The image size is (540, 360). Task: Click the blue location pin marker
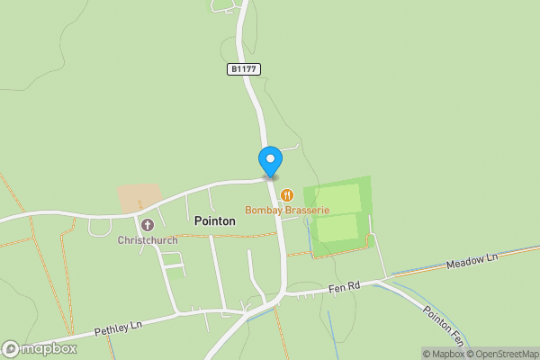click(270, 161)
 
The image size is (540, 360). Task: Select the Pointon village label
click(215, 220)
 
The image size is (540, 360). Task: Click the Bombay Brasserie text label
click(287, 211)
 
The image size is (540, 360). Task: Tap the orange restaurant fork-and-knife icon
click(286, 194)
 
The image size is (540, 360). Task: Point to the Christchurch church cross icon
click(147, 224)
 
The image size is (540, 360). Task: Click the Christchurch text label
click(147, 240)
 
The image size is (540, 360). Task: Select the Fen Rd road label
click(342, 286)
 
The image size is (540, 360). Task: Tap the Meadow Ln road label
click(472, 262)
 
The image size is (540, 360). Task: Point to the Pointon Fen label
click(444, 325)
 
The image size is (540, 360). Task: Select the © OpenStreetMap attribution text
click(502, 353)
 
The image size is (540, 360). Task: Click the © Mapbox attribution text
click(443, 353)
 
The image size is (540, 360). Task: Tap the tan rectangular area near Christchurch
click(139, 198)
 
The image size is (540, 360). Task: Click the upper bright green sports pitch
click(338, 197)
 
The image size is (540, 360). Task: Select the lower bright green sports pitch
click(337, 229)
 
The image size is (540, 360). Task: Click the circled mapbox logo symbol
click(11, 348)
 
